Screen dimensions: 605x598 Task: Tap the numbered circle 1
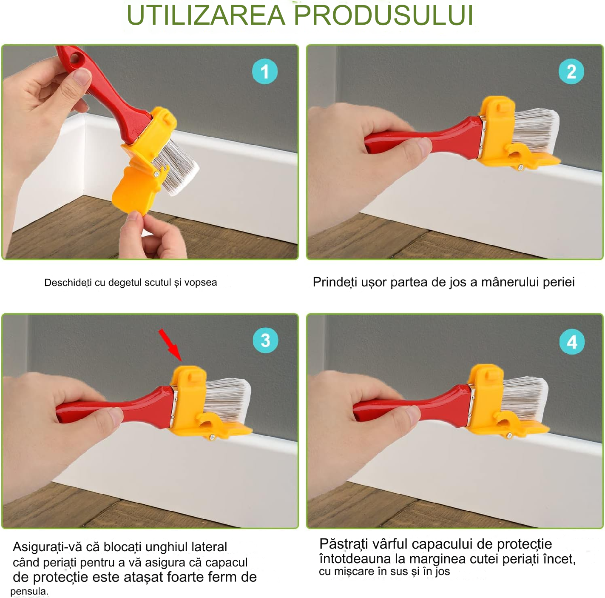(265, 72)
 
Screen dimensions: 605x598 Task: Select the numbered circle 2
(571, 72)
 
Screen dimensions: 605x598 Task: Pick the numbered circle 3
(266, 340)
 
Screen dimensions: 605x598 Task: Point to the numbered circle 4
(572, 342)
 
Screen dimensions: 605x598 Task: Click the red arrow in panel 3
(170, 345)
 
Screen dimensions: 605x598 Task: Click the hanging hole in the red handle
(75, 59)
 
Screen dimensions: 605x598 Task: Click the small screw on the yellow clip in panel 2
(520, 167)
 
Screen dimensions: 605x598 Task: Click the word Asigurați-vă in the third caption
(48, 547)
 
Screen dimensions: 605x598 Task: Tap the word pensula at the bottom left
(29, 591)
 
